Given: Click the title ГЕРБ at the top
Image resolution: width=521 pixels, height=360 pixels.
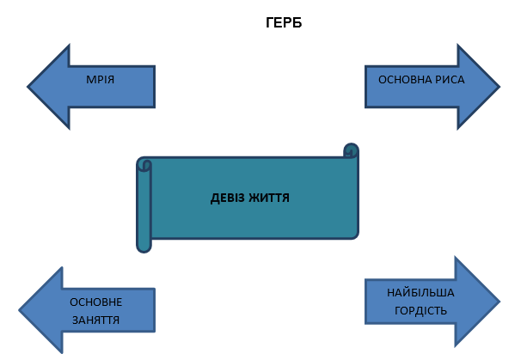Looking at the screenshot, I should [x=284, y=23].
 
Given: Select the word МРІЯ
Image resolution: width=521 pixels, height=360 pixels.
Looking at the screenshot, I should [x=101, y=80].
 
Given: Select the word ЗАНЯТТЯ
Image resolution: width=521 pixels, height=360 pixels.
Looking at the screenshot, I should [x=95, y=320].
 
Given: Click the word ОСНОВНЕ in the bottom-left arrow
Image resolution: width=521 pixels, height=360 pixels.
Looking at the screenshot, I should [x=95, y=302].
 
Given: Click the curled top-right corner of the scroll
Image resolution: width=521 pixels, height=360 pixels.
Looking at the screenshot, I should [x=350, y=151].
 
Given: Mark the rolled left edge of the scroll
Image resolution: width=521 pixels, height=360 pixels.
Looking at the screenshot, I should [x=144, y=206].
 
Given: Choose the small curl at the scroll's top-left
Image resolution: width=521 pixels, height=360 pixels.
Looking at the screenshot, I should [x=144, y=163].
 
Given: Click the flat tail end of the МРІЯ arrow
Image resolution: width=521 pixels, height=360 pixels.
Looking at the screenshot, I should [x=153, y=87].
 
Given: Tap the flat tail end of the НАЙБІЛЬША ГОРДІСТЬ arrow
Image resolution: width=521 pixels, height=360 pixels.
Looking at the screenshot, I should [x=367, y=301].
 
